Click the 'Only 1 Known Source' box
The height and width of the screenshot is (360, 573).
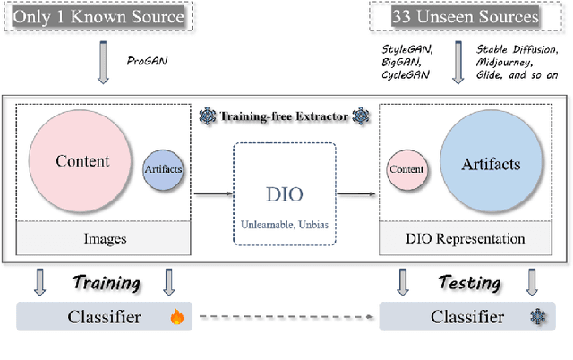point(99,16)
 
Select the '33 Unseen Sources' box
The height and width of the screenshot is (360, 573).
point(466,16)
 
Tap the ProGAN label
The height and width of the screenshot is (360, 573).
point(147,61)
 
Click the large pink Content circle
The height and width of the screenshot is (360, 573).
point(82,162)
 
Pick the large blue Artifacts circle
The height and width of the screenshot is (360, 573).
point(491,165)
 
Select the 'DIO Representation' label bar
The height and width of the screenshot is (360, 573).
point(466,239)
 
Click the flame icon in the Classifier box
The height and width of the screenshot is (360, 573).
point(175,317)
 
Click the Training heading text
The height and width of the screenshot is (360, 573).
point(106,283)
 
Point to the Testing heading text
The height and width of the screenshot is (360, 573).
point(468,283)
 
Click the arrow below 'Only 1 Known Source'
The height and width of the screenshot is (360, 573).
point(101,64)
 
